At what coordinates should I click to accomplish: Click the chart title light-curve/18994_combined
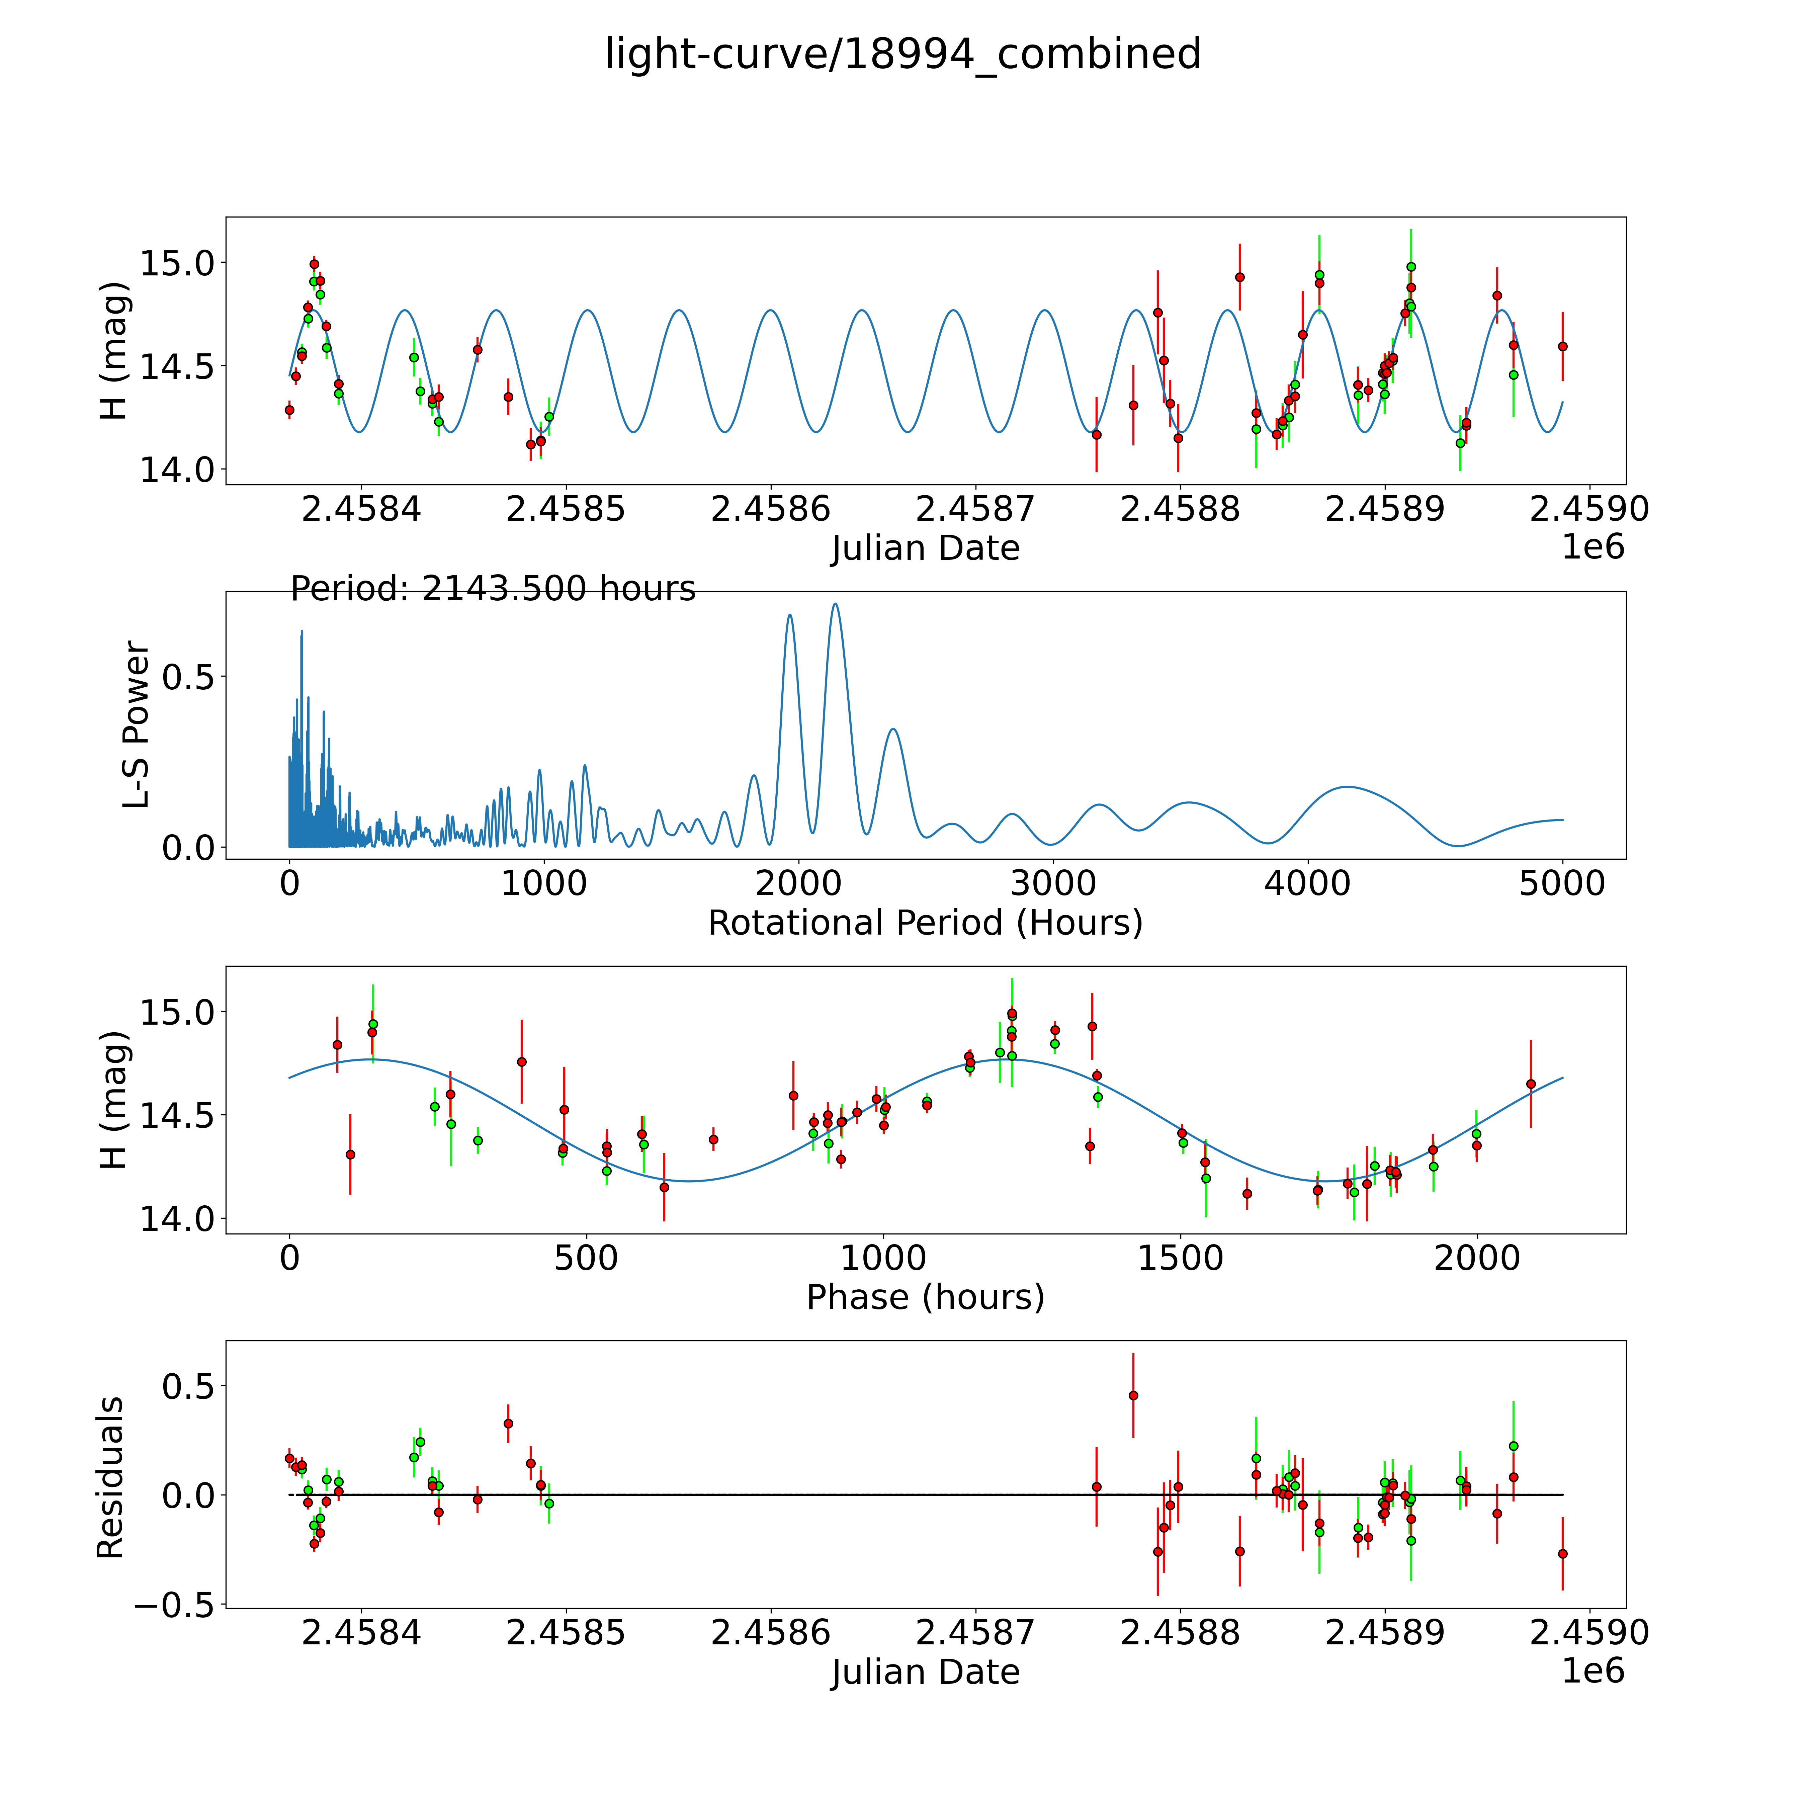[902, 54]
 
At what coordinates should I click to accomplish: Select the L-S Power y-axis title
[137, 725]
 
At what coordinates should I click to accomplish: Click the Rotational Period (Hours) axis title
[925, 923]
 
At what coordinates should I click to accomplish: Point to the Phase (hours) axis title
[925, 1297]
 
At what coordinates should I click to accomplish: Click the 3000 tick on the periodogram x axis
[1053, 884]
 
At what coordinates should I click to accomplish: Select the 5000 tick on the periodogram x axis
[1562, 884]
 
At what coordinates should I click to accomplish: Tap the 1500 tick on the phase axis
[1180, 1258]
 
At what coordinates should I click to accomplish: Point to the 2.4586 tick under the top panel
[770, 510]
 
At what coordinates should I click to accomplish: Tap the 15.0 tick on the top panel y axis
[177, 263]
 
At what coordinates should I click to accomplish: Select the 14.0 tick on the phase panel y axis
[177, 1219]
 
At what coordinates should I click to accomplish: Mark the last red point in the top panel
[1562, 346]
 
